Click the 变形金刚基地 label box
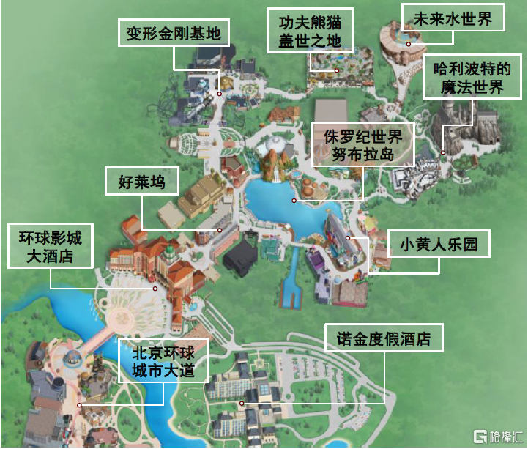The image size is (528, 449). click(174, 33)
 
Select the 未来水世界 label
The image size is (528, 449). click(453, 18)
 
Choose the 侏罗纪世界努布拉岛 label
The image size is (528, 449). click(362, 144)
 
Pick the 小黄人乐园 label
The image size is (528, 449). click(439, 244)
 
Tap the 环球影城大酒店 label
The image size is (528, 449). click(51, 246)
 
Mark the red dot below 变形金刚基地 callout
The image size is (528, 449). click(220, 94)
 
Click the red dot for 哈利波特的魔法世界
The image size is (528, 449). click(443, 152)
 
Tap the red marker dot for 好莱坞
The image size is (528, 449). click(220, 229)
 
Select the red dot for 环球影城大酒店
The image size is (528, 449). click(155, 288)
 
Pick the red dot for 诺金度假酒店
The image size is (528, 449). click(242, 402)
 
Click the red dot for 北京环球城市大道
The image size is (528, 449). click(79, 403)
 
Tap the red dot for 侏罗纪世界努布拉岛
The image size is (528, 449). click(294, 200)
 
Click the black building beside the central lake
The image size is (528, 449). click(241, 258)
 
